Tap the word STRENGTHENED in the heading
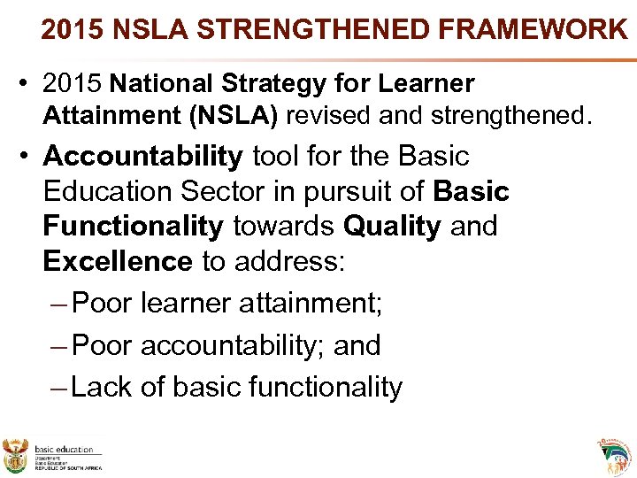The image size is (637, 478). tap(311, 29)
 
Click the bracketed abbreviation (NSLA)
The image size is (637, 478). tap(237, 115)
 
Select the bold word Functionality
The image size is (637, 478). tap(133, 226)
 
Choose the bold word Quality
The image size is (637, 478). tap(391, 226)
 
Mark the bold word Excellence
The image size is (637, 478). tap(118, 261)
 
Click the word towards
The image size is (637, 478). tap(283, 226)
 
